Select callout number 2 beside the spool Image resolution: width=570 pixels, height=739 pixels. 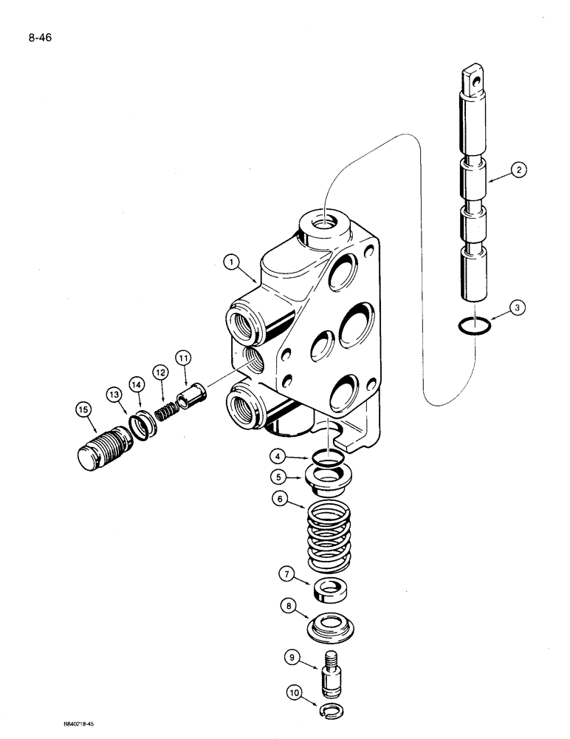click(x=519, y=171)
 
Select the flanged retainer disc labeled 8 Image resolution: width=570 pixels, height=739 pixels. click(x=330, y=627)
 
